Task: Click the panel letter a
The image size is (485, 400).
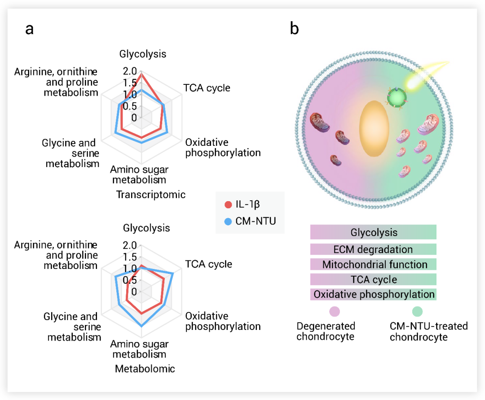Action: pos(30,29)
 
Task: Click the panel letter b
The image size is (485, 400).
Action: pos(294,29)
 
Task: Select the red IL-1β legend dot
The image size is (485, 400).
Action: pos(228,205)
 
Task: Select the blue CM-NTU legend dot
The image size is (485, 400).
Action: pos(228,221)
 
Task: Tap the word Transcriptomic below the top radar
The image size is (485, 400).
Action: pos(150,195)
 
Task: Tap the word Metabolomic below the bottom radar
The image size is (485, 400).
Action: pos(145,369)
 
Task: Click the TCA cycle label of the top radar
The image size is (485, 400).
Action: pos(207,88)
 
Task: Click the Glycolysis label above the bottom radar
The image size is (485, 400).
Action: pos(146,228)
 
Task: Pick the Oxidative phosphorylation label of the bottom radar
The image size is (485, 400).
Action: pos(223,321)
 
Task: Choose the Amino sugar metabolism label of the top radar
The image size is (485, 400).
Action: pos(139,175)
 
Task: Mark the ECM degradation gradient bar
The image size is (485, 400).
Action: pos(373,249)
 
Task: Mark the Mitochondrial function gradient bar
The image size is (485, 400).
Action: pos(373,264)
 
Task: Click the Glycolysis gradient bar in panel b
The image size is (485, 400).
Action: pos(373,233)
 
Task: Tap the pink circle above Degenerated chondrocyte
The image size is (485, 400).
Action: pos(335,311)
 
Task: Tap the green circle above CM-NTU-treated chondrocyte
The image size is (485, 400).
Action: pos(417,311)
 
